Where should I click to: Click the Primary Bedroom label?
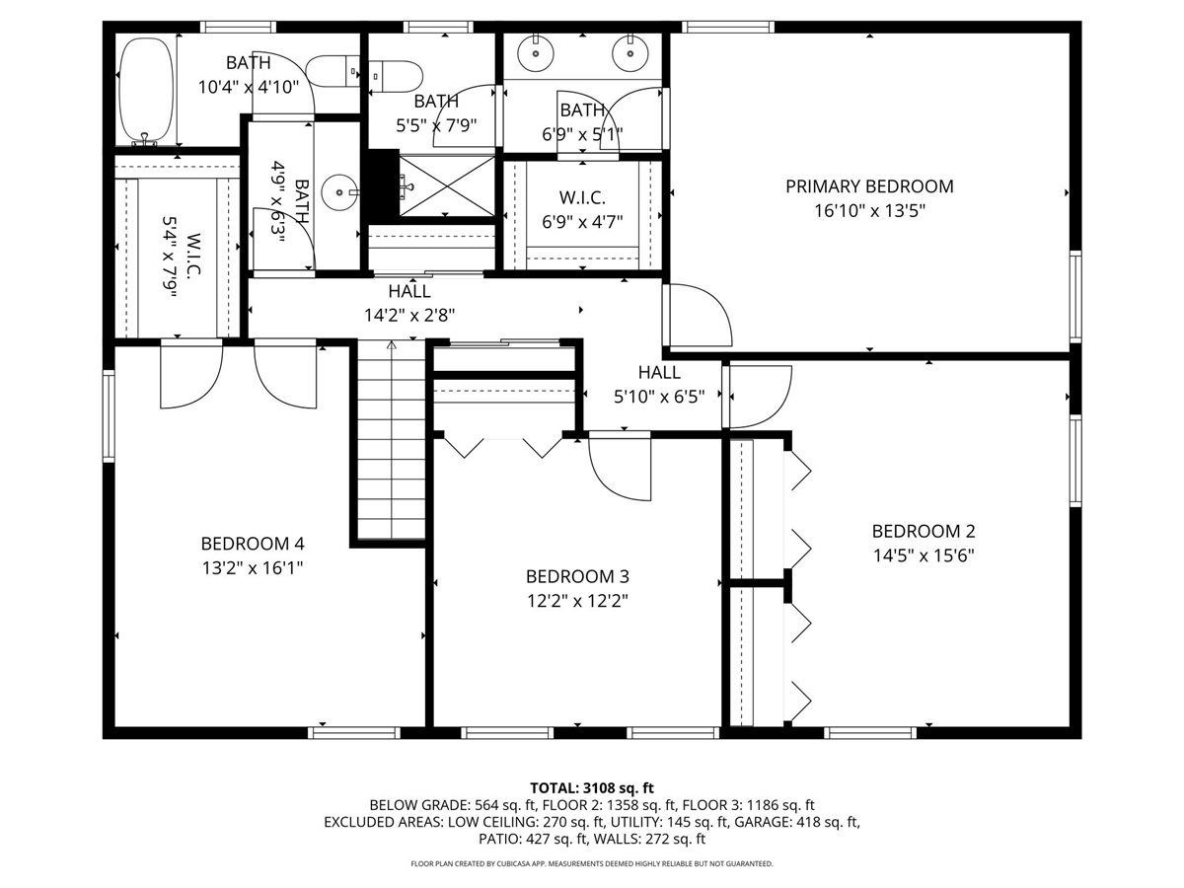(x=869, y=186)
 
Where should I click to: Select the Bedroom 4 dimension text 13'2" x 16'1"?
(x=253, y=567)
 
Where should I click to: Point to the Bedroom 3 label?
(x=577, y=577)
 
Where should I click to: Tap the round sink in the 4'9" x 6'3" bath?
(x=339, y=192)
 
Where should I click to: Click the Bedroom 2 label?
(x=924, y=532)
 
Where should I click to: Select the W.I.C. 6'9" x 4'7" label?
(x=582, y=210)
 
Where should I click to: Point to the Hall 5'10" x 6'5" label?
(x=659, y=385)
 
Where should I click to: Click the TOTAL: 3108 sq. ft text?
(x=592, y=788)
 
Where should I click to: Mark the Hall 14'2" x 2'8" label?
(x=409, y=303)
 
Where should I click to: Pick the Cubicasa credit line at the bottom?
(x=592, y=863)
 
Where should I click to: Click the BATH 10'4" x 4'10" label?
(x=248, y=74)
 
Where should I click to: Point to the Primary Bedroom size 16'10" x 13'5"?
(x=869, y=210)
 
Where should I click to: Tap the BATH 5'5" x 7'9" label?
(x=436, y=113)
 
